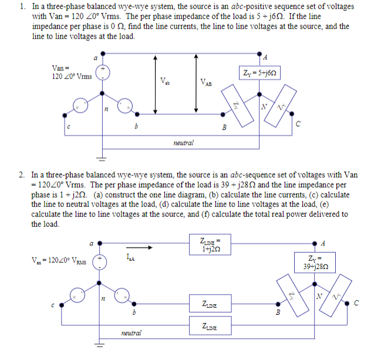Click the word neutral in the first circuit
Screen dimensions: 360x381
(183, 142)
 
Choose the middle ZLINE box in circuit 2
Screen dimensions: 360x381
(211, 305)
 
